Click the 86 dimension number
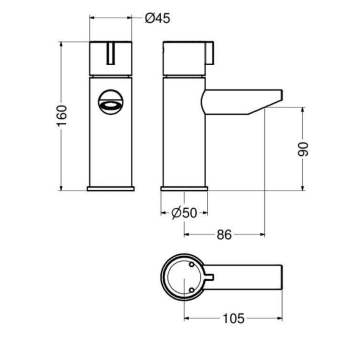227,235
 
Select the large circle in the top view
185,278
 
